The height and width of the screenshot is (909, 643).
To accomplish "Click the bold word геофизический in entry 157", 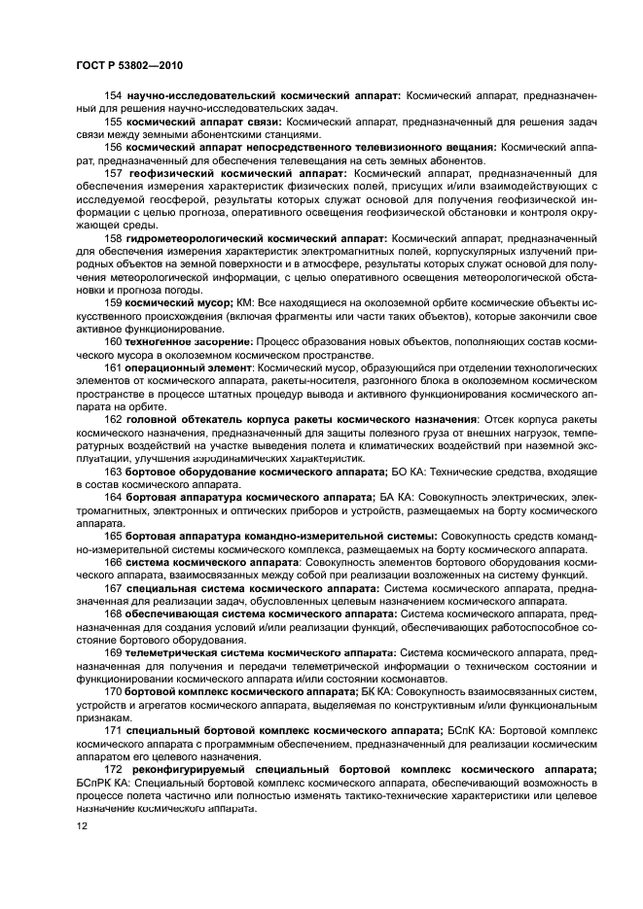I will [x=173, y=172].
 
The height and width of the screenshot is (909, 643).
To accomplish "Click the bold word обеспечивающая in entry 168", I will [x=176, y=613].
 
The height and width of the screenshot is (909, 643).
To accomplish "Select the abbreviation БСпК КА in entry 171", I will [x=475, y=728].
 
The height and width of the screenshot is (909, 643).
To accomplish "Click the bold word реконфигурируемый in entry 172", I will [x=190, y=770].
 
